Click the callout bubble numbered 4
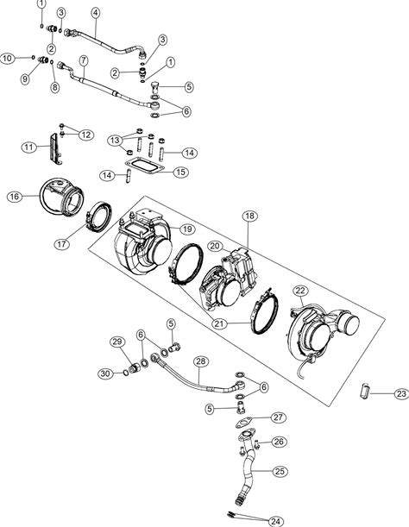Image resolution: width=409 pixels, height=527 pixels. [96, 13]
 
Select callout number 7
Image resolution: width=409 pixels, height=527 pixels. [84, 61]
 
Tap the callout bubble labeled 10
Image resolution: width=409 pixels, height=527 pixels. [7, 58]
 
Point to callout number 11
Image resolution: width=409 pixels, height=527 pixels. [29, 147]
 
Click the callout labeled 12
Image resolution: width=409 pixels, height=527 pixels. [85, 135]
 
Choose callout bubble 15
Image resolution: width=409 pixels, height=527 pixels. [180, 173]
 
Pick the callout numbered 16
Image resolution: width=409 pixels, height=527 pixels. [15, 197]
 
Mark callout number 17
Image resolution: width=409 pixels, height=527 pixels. [62, 244]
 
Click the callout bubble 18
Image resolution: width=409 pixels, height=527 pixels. [249, 216]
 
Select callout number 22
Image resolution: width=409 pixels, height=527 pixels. [300, 291]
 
